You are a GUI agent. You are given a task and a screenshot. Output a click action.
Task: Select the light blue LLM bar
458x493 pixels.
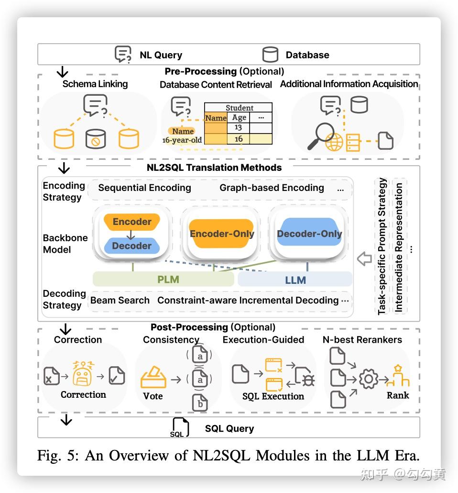click(x=294, y=279)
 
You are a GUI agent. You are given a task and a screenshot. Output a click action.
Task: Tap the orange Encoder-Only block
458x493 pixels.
click(x=221, y=234)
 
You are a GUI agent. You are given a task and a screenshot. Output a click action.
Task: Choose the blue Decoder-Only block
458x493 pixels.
click(x=309, y=234)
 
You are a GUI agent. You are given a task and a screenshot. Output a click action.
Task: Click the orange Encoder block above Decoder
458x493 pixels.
click(x=131, y=222)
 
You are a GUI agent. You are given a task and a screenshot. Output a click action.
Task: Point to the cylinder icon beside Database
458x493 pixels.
click(x=270, y=55)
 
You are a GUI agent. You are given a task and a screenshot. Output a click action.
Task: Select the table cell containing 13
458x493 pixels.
click(x=238, y=127)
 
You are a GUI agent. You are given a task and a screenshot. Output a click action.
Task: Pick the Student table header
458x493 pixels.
click(x=239, y=108)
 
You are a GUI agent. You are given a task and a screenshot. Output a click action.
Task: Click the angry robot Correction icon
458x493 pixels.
click(x=84, y=375)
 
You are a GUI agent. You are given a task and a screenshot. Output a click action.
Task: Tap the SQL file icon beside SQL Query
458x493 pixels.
click(x=180, y=427)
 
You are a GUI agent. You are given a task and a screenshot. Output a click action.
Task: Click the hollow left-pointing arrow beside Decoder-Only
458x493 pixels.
click(x=364, y=259)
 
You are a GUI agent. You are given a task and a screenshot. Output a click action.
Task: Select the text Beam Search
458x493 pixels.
click(x=120, y=300)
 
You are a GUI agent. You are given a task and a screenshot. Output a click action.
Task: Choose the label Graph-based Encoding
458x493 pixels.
click(x=272, y=188)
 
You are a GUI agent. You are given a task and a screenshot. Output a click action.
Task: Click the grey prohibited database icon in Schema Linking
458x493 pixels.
click(x=95, y=139)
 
